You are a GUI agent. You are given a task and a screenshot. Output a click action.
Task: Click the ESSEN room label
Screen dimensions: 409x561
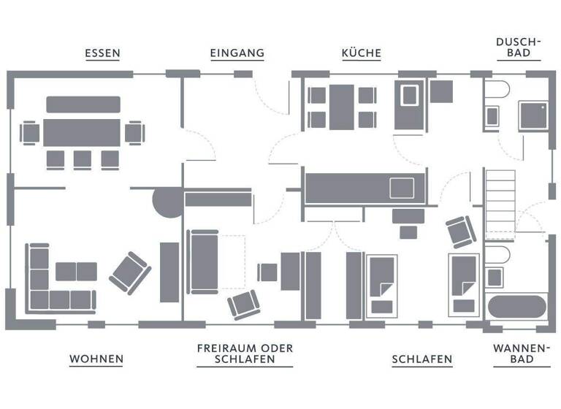[102, 53]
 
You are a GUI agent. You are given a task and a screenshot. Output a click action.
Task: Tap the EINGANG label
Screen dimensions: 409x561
[237, 53]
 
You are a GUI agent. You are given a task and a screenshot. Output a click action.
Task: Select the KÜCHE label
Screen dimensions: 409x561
[362, 53]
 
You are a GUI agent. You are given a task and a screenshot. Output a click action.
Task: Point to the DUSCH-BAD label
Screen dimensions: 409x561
[518, 47]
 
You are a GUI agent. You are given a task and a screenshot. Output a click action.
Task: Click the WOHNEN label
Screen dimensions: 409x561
[96, 359]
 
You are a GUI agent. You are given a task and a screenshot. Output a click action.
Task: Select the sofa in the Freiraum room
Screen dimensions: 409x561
[202, 261]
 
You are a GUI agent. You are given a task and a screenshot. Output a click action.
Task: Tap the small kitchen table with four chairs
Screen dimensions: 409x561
[342, 107]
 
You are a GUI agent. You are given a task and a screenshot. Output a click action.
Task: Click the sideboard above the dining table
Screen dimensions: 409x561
[83, 104]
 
